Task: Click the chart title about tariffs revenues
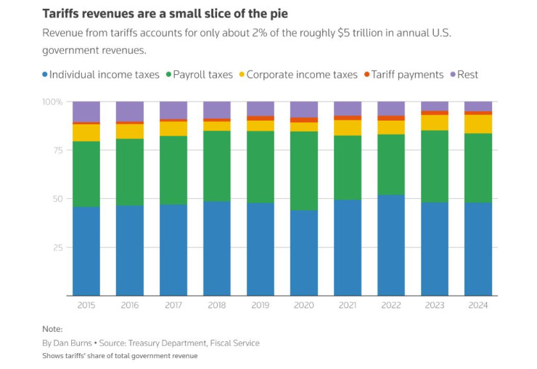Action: tap(166, 14)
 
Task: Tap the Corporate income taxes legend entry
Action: tap(302, 74)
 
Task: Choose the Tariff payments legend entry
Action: tap(406, 74)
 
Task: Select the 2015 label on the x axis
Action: tap(86, 306)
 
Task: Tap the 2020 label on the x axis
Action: tap(304, 306)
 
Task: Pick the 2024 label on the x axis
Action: tap(478, 306)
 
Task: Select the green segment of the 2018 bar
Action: tap(217, 166)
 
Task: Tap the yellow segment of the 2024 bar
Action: tap(478, 123)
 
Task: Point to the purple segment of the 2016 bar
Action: tap(130, 110)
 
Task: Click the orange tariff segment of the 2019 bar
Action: tap(261, 118)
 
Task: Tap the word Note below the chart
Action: tap(52, 329)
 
